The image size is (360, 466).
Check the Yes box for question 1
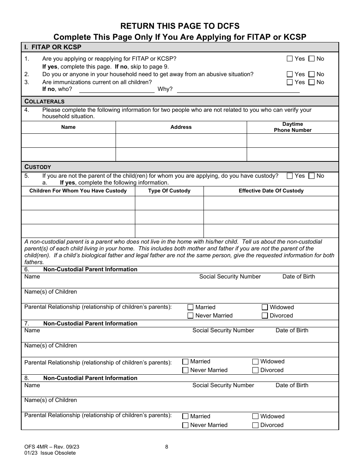click(x=290, y=59)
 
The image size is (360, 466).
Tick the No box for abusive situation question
click(x=311, y=74)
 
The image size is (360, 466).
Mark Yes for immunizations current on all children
click(x=290, y=82)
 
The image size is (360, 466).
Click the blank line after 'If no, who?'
click(x=116, y=90)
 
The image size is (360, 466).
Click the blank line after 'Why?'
click(x=238, y=90)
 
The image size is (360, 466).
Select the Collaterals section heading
click(x=44, y=102)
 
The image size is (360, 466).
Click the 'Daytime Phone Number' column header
click(x=293, y=127)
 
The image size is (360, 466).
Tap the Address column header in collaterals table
click(x=181, y=127)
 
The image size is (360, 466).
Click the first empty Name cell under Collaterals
click(x=68, y=141)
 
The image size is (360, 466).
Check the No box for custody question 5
click(x=311, y=176)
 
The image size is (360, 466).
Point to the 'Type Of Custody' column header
click(x=169, y=191)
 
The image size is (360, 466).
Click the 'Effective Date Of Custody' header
click(x=271, y=191)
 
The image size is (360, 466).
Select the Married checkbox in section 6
click(x=191, y=307)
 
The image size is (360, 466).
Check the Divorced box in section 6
click(x=265, y=316)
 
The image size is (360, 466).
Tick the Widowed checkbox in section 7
click(x=255, y=362)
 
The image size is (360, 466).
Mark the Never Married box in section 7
click(x=185, y=370)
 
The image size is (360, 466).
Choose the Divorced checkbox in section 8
click(x=255, y=425)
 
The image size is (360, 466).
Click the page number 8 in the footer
click(x=167, y=447)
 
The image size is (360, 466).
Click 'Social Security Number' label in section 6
click(x=230, y=277)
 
